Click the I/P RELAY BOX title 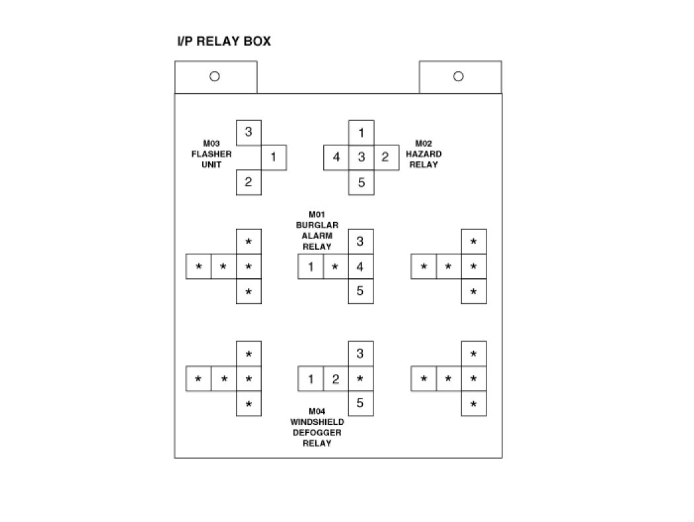click(223, 42)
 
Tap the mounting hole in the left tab click(214, 76)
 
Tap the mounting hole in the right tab click(458, 76)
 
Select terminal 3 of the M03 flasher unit click(249, 132)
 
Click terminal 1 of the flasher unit click(274, 157)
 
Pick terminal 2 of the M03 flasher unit click(249, 182)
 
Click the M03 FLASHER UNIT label click(212, 154)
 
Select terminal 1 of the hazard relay click(361, 133)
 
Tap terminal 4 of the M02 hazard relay click(336, 157)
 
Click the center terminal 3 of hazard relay click(361, 157)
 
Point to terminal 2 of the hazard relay click(385, 157)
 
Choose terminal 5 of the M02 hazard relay click(361, 182)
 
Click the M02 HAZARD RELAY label click(424, 154)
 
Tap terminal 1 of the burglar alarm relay click(310, 267)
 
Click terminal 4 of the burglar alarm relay click(360, 267)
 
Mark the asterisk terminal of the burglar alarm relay click(335, 267)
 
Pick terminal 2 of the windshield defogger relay click(335, 379)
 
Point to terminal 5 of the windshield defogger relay click(360, 403)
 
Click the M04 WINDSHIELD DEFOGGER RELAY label click(317, 428)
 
